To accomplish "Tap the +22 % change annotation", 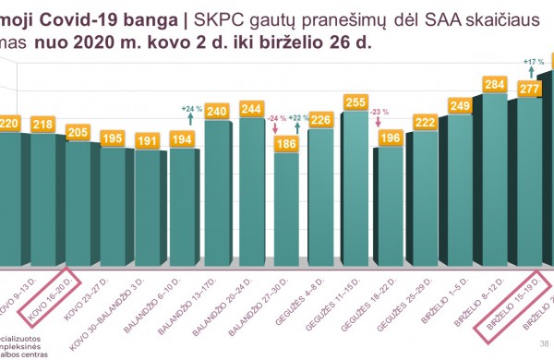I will click(x=297, y=118).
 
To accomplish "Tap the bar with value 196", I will click(x=390, y=208).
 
